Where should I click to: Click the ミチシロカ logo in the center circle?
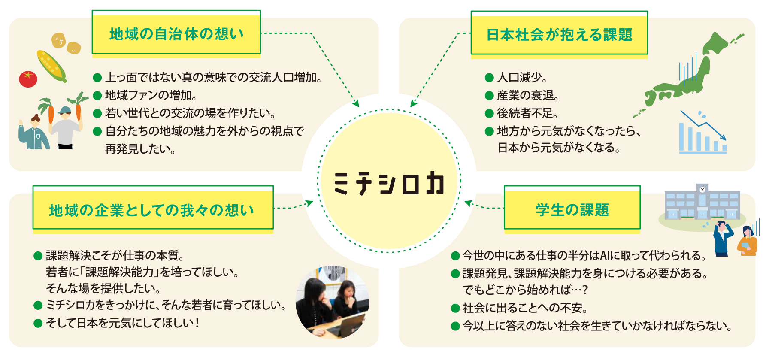tap(389, 183)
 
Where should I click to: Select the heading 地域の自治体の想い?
tap(176, 34)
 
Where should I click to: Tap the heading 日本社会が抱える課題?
tap(559, 35)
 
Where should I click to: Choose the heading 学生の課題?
tap(572, 210)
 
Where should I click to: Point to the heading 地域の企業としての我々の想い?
tap(152, 210)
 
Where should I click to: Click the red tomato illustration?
tap(28, 79)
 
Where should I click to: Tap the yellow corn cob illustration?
tap(51, 66)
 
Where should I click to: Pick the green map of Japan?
tap(687, 73)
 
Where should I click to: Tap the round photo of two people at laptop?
tap(333, 302)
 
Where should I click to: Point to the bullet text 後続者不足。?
tap(527, 113)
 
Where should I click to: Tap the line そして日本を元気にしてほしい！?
tap(123, 323)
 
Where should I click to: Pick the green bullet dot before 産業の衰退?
tap(489, 96)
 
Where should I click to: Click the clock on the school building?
tap(702, 189)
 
